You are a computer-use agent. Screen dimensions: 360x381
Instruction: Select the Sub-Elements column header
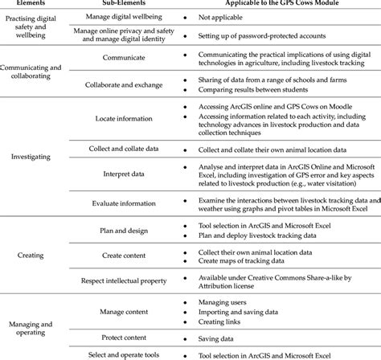(118, 3)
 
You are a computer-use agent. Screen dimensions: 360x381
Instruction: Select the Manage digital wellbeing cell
(118, 15)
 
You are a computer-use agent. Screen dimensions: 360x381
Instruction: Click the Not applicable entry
(221, 15)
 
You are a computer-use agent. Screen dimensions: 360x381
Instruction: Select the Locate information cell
(118, 117)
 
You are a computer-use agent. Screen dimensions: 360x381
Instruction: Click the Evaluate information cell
(118, 203)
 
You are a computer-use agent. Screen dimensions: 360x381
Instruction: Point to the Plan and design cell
(118, 231)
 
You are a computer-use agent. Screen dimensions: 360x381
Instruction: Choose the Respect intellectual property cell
(118, 281)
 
